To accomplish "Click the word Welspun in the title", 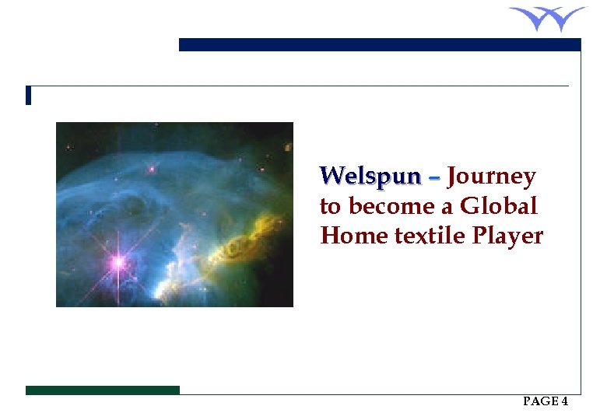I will [370, 177].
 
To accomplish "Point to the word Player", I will [507, 236].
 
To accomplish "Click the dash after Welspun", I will [433, 178].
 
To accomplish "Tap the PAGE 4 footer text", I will [546, 401].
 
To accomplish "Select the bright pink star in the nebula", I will [118, 262].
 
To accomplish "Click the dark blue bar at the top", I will [380, 45].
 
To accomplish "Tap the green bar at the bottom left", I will [102, 390].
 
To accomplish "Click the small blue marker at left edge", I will [28, 95].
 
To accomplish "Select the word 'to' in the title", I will [330, 207].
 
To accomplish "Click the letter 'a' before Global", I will [448, 208].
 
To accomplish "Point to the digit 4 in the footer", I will [564, 401].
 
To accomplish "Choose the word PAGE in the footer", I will [540, 401].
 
